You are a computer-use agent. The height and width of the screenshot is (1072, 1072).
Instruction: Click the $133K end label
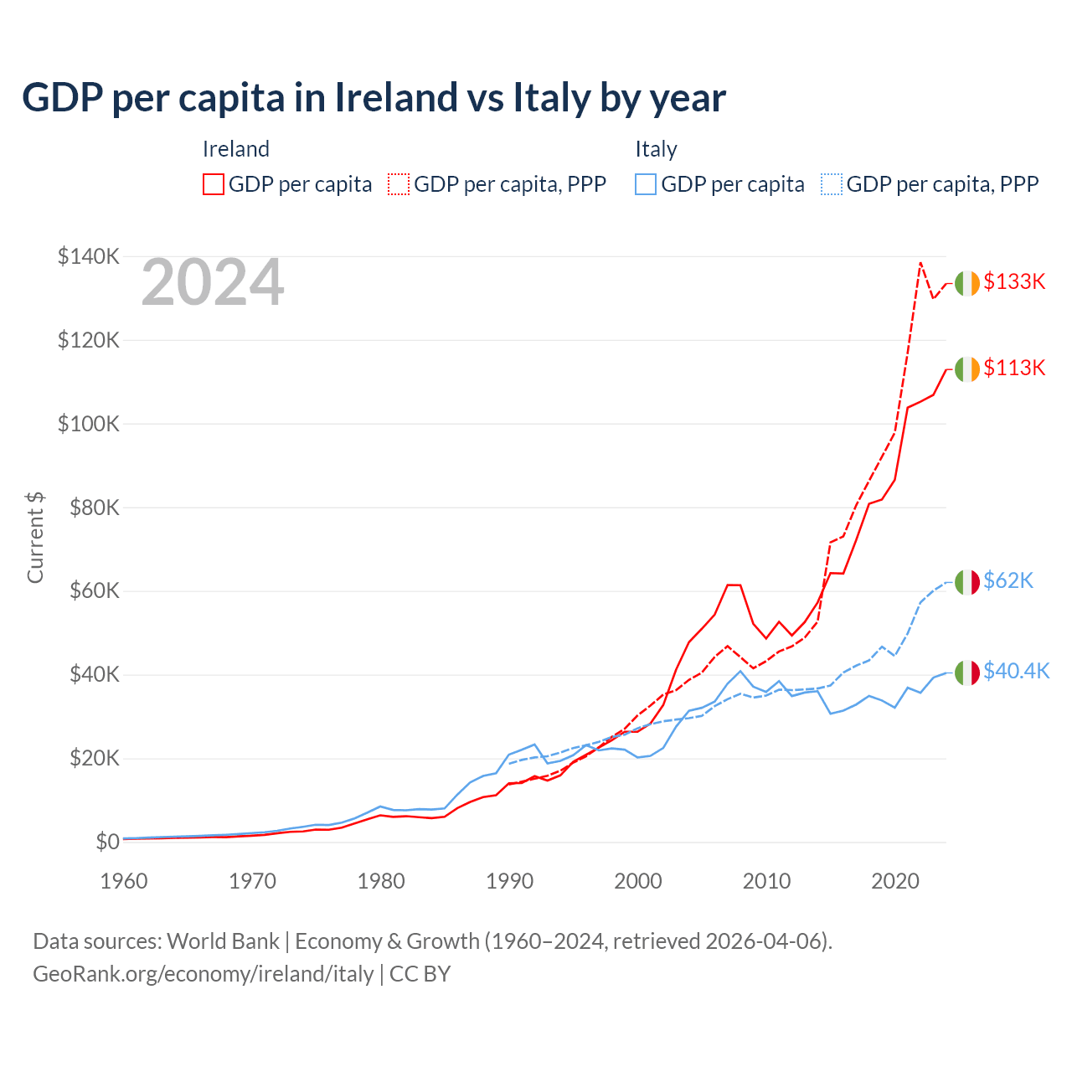[1014, 282]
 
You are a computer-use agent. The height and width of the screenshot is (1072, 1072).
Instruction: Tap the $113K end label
[1014, 368]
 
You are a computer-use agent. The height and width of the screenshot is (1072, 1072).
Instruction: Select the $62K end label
[1008, 581]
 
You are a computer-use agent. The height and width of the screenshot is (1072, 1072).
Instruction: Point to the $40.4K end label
[1016, 672]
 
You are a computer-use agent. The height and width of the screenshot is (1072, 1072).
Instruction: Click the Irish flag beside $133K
[967, 283]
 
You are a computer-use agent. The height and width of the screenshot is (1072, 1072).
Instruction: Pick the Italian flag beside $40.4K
[967, 673]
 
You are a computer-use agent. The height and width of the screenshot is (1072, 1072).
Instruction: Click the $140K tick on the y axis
[89, 256]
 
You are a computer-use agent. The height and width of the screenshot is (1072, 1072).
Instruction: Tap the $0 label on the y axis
[107, 842]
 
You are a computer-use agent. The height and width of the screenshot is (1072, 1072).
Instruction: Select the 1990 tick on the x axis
[509, 882]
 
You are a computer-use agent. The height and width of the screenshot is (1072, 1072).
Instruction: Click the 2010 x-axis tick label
[766, 882]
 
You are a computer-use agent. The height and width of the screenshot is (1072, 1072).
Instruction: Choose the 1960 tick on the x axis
[124, 882]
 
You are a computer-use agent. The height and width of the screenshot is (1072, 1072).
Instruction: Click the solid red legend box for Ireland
[214, 184]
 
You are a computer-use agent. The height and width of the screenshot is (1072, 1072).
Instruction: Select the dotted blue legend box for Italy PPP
[832, 184]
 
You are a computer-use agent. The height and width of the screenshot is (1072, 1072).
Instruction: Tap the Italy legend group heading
[656, 150]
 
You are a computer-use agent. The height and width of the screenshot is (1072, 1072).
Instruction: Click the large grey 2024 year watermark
[213, 283]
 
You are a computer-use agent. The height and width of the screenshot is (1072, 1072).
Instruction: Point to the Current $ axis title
[35, 538]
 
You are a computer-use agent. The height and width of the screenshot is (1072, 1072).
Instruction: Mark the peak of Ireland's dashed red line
[920, 263]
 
